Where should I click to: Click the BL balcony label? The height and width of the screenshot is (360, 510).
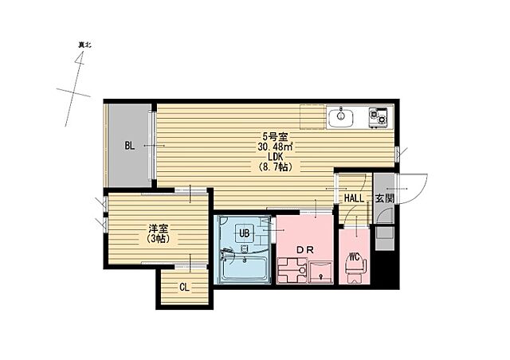(x=127, y=146)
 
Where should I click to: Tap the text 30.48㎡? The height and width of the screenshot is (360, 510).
(x=275, y=146)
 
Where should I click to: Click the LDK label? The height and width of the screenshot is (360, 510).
(x=275, y=157)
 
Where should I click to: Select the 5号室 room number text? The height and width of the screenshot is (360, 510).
(x=275, y=135)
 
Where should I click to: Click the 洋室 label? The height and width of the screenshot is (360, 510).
(x=157, y=229)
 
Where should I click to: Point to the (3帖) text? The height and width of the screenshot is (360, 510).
(x=157, y=239)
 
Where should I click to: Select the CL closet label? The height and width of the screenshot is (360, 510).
(x=183, y=287)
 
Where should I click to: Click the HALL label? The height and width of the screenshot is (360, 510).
(x=354, y=198)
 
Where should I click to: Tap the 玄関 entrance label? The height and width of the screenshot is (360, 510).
(x=384, y=198)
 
